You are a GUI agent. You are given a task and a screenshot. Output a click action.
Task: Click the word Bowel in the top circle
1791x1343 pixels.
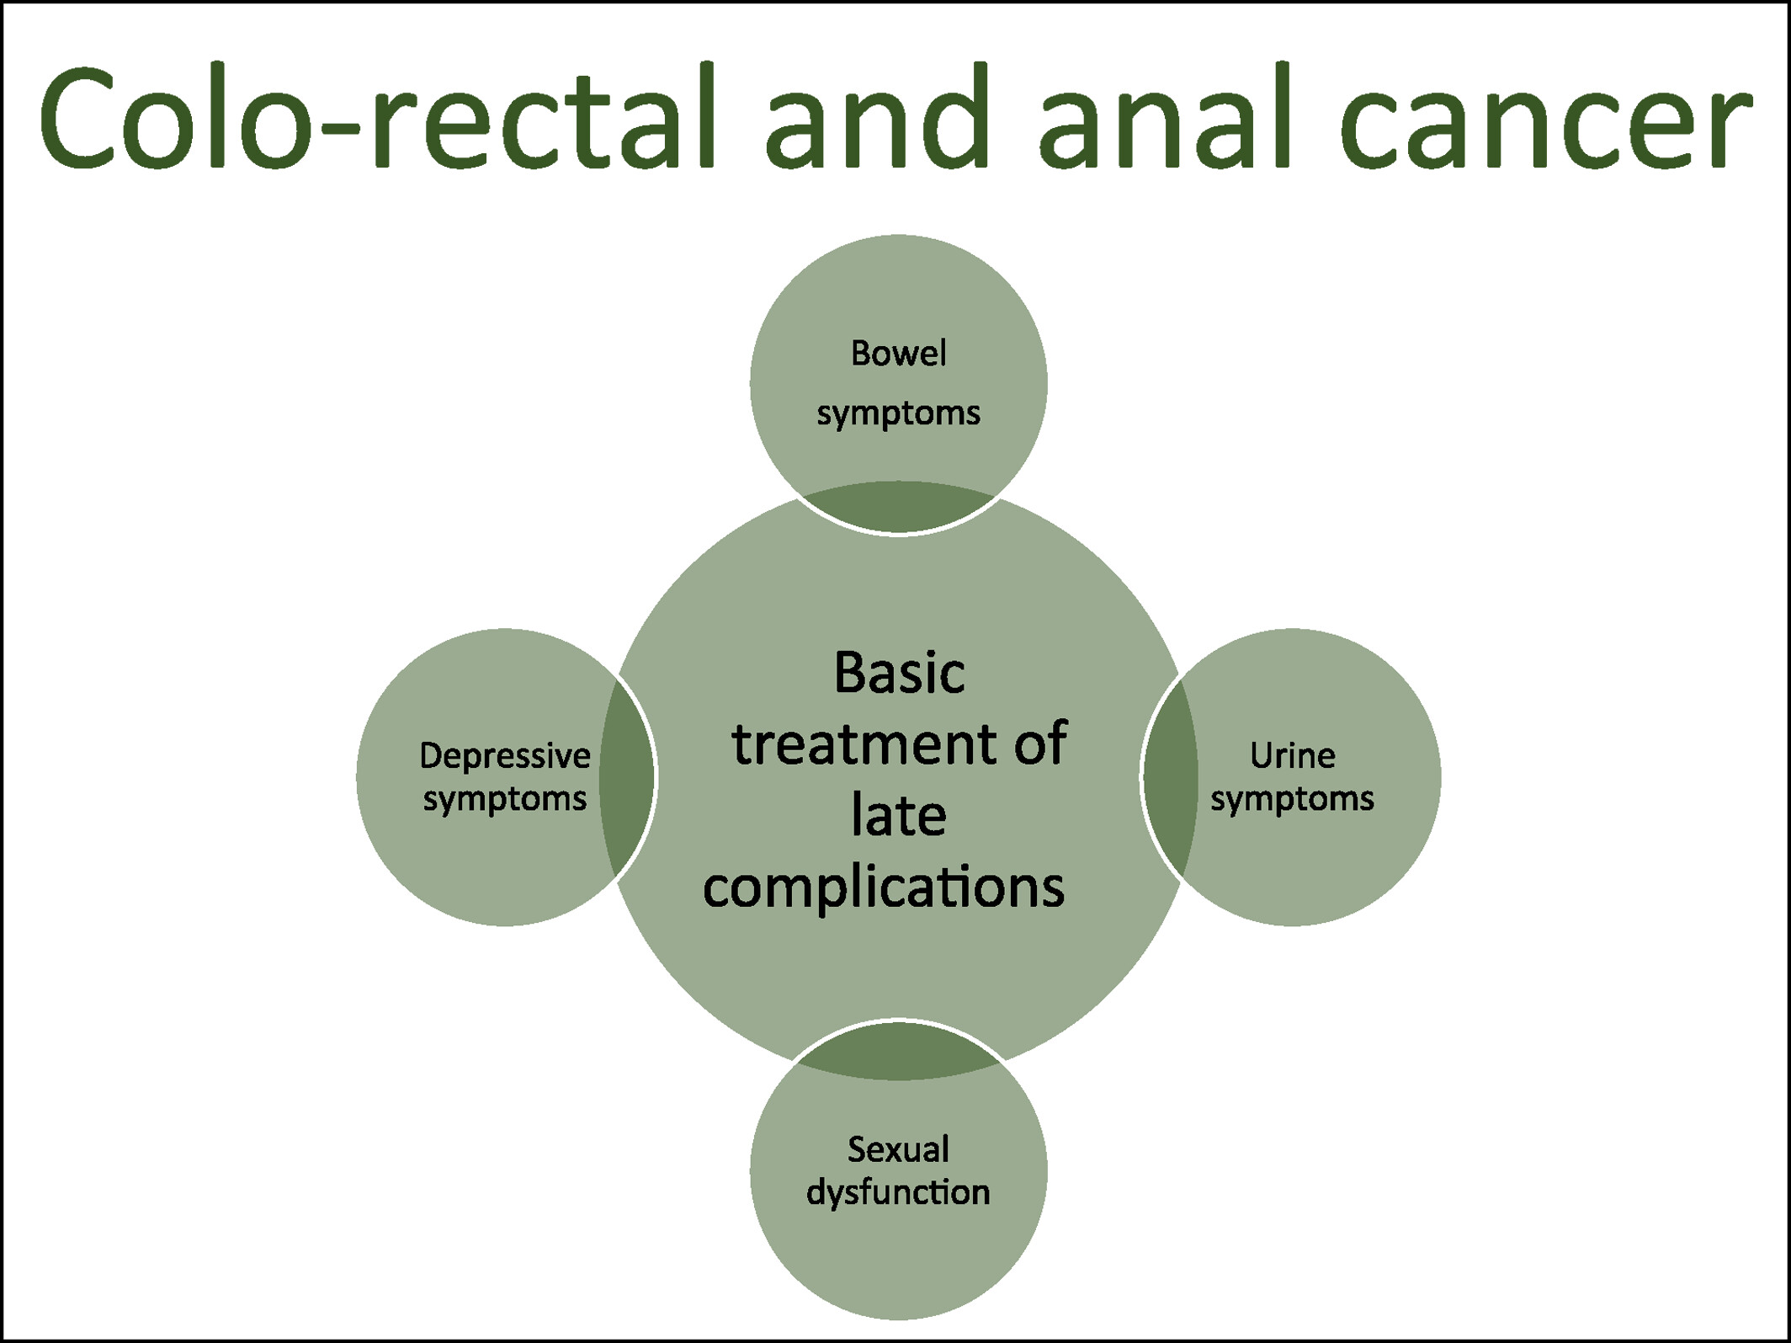pos(898,354)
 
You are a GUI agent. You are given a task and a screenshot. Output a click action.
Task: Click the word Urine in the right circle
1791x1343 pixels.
pos(1292,756)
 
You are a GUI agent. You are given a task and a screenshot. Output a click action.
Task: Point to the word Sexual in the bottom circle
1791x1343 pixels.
pos(898,1149)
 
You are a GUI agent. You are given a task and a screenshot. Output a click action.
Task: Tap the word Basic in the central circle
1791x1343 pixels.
pos(899,674)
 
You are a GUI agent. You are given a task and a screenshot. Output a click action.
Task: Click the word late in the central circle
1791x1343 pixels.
pos(899,815)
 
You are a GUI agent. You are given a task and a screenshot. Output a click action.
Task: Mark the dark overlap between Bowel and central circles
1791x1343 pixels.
pos(898,507)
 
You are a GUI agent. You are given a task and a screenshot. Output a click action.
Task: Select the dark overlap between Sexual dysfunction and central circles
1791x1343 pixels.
pos(898,1050)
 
